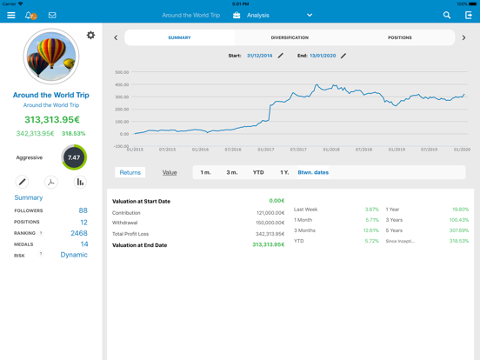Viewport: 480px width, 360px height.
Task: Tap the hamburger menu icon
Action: tap(10, 15)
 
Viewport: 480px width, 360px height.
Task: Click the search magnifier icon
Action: tap(447, 15)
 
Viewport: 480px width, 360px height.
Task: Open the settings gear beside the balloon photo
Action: tap(90, 36)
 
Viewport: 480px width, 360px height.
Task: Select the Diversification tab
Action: tap(290, 37)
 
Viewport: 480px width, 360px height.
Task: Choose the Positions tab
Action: tap(399, 37)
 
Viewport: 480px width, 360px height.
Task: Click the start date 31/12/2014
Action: tap(259, 56)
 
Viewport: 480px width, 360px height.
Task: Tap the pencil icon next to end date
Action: tap(343, 56)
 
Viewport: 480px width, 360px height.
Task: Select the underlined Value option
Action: tap(170, 172)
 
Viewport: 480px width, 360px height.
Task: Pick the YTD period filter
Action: tap(258, 172)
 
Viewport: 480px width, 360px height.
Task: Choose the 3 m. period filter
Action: tap(232, 172)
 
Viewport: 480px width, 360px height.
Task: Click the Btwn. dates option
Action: tap(313, 172)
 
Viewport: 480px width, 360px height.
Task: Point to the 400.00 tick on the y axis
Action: tap(122, 85)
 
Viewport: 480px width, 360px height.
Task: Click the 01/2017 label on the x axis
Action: tap(266, 150)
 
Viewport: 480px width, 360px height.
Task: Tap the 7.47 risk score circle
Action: tap(74, 158)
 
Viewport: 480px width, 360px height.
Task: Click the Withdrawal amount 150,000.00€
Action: tap(270, 223)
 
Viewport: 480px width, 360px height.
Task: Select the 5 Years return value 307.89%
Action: tap(459, 230)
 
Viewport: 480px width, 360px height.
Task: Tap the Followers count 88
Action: tap(83, 210)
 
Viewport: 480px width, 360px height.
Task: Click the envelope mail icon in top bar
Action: tap(52, 15)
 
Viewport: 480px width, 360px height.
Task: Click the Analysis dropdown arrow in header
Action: tap(310, 15)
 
